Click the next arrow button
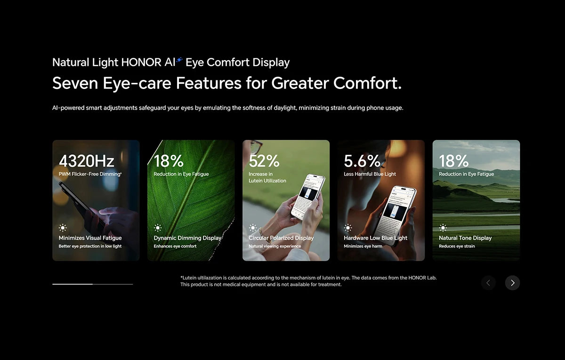(x=512, y=283)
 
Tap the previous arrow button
(x=488, y=283)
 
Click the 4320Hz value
(x=86, y=161)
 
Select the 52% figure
(x=264, y=161)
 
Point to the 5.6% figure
(x=362, y=161)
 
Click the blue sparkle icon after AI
(x=179, y=60)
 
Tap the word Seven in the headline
(x=75, y=83)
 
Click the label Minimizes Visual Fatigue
(x=90, y=238)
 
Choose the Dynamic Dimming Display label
(x=187, y=238)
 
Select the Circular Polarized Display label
(x=281, y=238)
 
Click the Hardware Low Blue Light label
(x=375, y=238)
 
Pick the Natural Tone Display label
(x=465, y=238)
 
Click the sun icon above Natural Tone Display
(x=443, y=228)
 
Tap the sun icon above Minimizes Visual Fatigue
(x=63, y=228)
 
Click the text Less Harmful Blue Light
(x=370, y=174)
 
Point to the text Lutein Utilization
(x=267, y=181)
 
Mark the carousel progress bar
(x=93, y=284)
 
